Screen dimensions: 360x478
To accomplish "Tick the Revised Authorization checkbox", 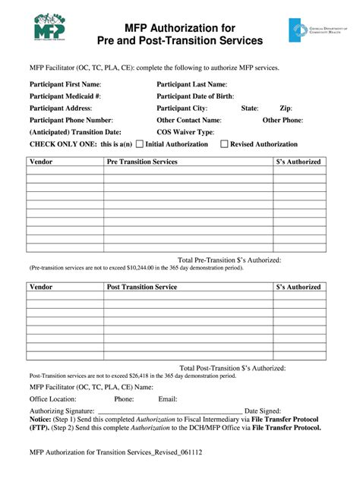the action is pos(224,144).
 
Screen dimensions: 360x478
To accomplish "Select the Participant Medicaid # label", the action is pos(65,96).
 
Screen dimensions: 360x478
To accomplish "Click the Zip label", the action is pos(286,108).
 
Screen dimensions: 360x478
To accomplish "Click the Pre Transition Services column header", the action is pos(142,162).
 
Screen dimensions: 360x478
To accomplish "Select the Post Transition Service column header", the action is pos(142,287).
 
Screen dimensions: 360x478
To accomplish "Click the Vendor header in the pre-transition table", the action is pos(41,162).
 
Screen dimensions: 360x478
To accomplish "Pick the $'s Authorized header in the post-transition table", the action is pos(298,287).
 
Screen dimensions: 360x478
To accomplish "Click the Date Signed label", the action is pos(262,410).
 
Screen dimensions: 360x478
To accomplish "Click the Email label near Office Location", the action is pos(167,398).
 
